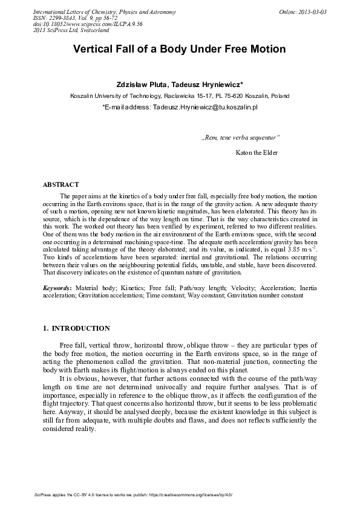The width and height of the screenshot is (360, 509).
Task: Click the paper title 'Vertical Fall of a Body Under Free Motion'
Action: point(179,50)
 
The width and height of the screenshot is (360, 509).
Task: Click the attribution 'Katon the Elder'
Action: point(256,152)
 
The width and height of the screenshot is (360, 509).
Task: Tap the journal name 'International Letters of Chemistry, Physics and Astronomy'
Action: point(96,12)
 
